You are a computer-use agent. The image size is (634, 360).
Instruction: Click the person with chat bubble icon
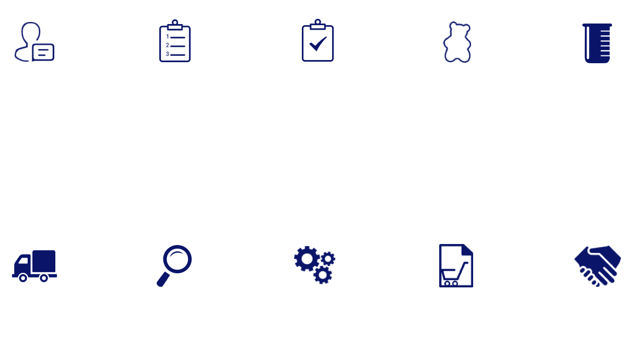[34, 42]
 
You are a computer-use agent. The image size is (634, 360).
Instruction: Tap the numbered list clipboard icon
[175, 41]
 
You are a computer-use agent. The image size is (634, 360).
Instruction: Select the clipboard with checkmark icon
[318, 41]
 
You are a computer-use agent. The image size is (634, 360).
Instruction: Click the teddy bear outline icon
[457, 42]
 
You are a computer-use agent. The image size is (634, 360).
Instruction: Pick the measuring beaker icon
[597, 43]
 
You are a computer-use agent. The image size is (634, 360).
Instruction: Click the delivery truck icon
[34, 266]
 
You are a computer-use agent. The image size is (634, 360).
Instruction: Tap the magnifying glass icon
[174, 265]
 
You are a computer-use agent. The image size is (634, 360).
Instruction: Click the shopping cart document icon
[456, 265]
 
